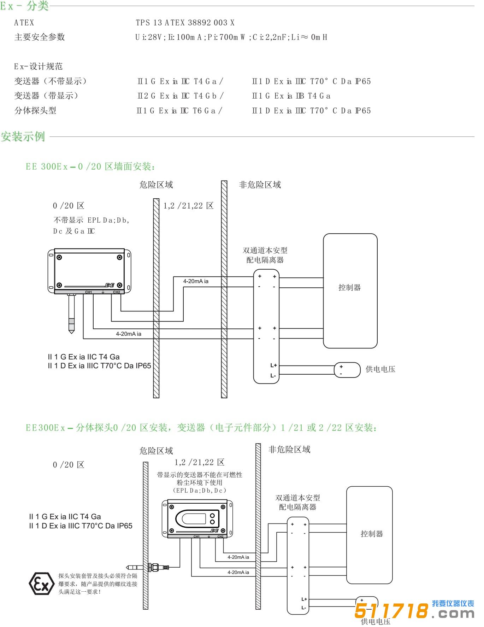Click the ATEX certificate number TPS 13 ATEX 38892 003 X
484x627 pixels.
pos(185,23)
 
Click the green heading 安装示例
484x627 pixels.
pos(23,137)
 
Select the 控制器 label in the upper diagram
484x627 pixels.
pos(350,288)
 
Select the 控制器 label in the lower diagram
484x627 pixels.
pos(372,534)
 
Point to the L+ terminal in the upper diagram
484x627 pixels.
pos(273,365)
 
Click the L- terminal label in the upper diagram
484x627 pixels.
pos(273,375)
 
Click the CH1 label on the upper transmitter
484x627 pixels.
pos(88,292)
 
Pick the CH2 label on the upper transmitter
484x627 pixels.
pos(116,292)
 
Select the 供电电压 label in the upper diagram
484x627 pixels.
pos(380,370)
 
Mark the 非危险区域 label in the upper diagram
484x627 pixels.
pos(260,185)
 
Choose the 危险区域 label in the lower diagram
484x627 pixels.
pos(156,451)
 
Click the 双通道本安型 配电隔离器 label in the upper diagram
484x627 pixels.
pos(265,255)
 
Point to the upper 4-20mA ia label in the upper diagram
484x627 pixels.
pos(196,281)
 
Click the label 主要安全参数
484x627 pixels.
pos(40,37)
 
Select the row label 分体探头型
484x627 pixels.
pos(35,111)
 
